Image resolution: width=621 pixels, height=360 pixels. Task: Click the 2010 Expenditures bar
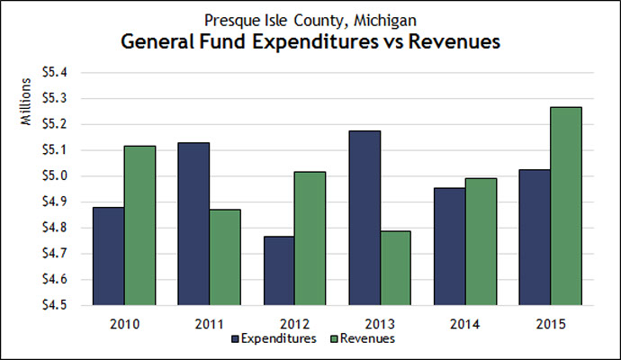click(108, 256)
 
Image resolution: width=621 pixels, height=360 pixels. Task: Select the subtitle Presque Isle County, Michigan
click(310, 18)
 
